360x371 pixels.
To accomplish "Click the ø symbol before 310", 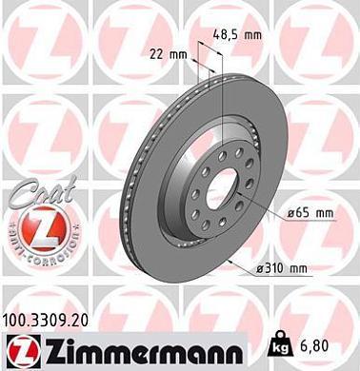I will pos(260,271).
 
